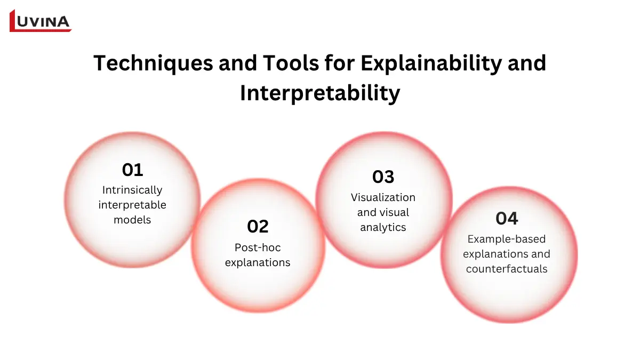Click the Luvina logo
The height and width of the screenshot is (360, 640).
[x=41, y=21]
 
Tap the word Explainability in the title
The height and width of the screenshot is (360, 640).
[x=431, y=63]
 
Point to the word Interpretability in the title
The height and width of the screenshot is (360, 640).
[x=320, y=93]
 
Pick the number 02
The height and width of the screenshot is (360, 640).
[x=258, y=227]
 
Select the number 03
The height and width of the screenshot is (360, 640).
[x=383, y=177]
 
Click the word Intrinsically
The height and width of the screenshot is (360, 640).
[x=132, y=190]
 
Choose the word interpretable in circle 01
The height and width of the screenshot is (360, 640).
[x=132, y=205]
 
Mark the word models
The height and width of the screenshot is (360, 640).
[x=132, y=220]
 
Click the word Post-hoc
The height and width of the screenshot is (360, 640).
[x=258, y=247]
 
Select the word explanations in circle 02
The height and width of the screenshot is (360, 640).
[x=258, y=262]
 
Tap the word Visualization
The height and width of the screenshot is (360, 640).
[x=383, y=197]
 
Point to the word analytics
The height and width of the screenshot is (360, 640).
[x=383, y=227]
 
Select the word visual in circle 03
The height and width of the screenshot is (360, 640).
[x=394, y=212]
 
